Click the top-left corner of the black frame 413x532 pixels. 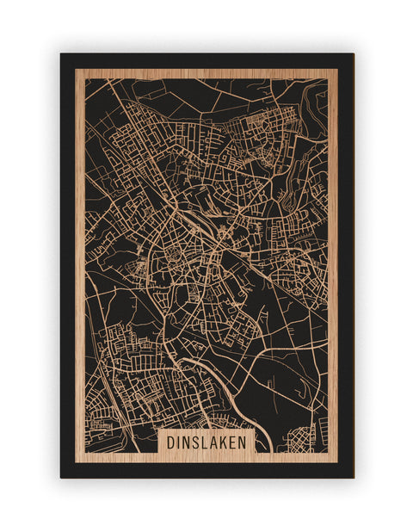61,54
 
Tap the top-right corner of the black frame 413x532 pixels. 353,54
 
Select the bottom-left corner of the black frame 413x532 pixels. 61,477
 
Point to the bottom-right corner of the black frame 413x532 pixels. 353,477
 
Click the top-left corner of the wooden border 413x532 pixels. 76,69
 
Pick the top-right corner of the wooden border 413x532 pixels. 337,69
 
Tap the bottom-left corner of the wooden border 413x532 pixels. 76,462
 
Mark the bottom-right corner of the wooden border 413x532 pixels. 337,462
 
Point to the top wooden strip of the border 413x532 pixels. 206,73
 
